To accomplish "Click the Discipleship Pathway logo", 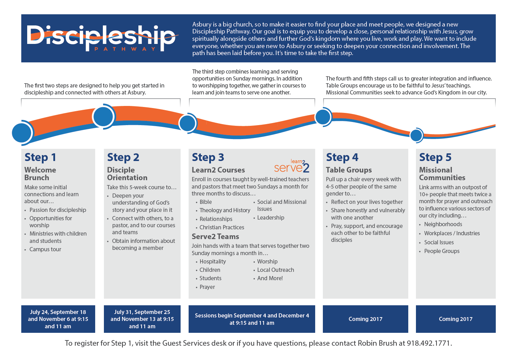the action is (x=103, y=38).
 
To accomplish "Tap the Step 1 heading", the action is (x=40, y=158).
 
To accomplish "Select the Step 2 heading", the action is (x=123, y=158).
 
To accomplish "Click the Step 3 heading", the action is (x=208, y=158).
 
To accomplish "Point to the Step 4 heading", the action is (x=342, y=158).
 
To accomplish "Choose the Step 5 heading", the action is (x=435, y=158).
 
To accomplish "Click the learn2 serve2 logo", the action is (x=291, y=166).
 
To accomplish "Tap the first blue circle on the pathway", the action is (x=22, y=133).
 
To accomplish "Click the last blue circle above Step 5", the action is (x=416, y=136).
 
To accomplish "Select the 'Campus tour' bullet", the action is (x=45, y=250).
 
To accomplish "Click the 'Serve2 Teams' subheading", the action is (x=215, y=237).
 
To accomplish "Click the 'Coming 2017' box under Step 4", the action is (x=365, y=319).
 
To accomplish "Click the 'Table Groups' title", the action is (x=349, y=170).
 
